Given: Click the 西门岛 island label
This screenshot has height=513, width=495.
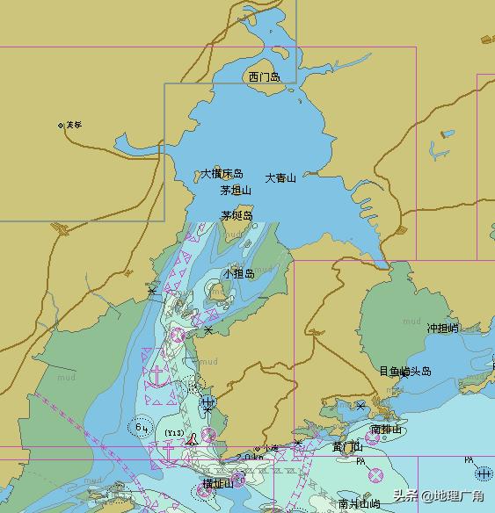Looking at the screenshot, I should [x=264, y=77].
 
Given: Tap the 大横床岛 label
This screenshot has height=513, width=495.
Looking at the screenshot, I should [x=222, y=174].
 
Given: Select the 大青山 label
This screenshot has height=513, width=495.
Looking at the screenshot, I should [x=280, y=177].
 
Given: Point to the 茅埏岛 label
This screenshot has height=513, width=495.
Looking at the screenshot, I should [x=237, y=215].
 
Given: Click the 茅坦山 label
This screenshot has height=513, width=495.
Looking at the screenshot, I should [x=236, y=190].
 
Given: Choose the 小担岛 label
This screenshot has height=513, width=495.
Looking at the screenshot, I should [x=238, y=274].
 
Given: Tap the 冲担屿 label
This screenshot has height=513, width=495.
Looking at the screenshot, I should [x=443, y=328].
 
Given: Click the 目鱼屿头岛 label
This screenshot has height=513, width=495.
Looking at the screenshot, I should [x=405, y=372].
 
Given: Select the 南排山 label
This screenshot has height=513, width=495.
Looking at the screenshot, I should [x=386, y=430].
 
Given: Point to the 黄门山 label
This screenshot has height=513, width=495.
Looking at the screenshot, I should [x=347, y=447].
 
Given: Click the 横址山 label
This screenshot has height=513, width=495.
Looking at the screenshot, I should [x=218, y=484].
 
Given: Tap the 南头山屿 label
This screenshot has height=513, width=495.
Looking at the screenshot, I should [x=360, y=504].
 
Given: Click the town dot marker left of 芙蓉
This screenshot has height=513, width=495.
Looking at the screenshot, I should [x=61, y=126].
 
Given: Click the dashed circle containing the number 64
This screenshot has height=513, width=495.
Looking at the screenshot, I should [x=140, y=428].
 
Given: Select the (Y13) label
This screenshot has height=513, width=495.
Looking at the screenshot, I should [x=174, y=433].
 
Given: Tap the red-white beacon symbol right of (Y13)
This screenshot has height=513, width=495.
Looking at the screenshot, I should [x=192, y=437].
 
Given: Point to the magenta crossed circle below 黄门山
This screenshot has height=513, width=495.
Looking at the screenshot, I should [x=375, y=475].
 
